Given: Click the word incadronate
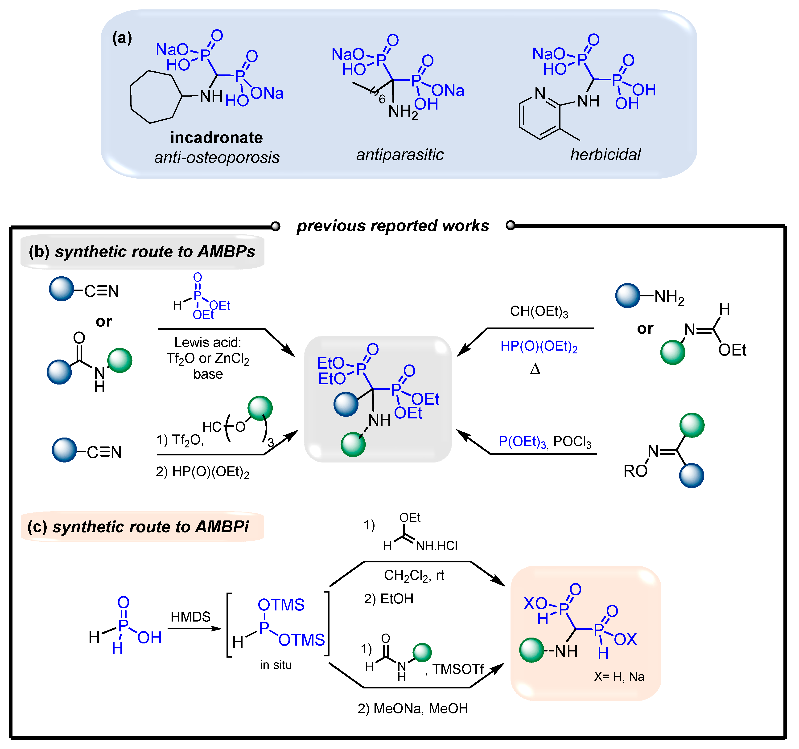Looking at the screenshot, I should pos(216,138).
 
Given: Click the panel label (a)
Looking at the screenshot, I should pos(122,38).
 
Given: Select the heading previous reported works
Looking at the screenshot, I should pos(393,226).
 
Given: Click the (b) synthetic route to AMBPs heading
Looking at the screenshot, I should pos(142,252).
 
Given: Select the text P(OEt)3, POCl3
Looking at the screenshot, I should pos(545,442).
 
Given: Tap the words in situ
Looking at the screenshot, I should pos(276,665).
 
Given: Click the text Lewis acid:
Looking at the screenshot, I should pos(208,342).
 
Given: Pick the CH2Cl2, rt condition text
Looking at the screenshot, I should pos(414,575).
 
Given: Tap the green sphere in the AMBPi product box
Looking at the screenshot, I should pos(531,650).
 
